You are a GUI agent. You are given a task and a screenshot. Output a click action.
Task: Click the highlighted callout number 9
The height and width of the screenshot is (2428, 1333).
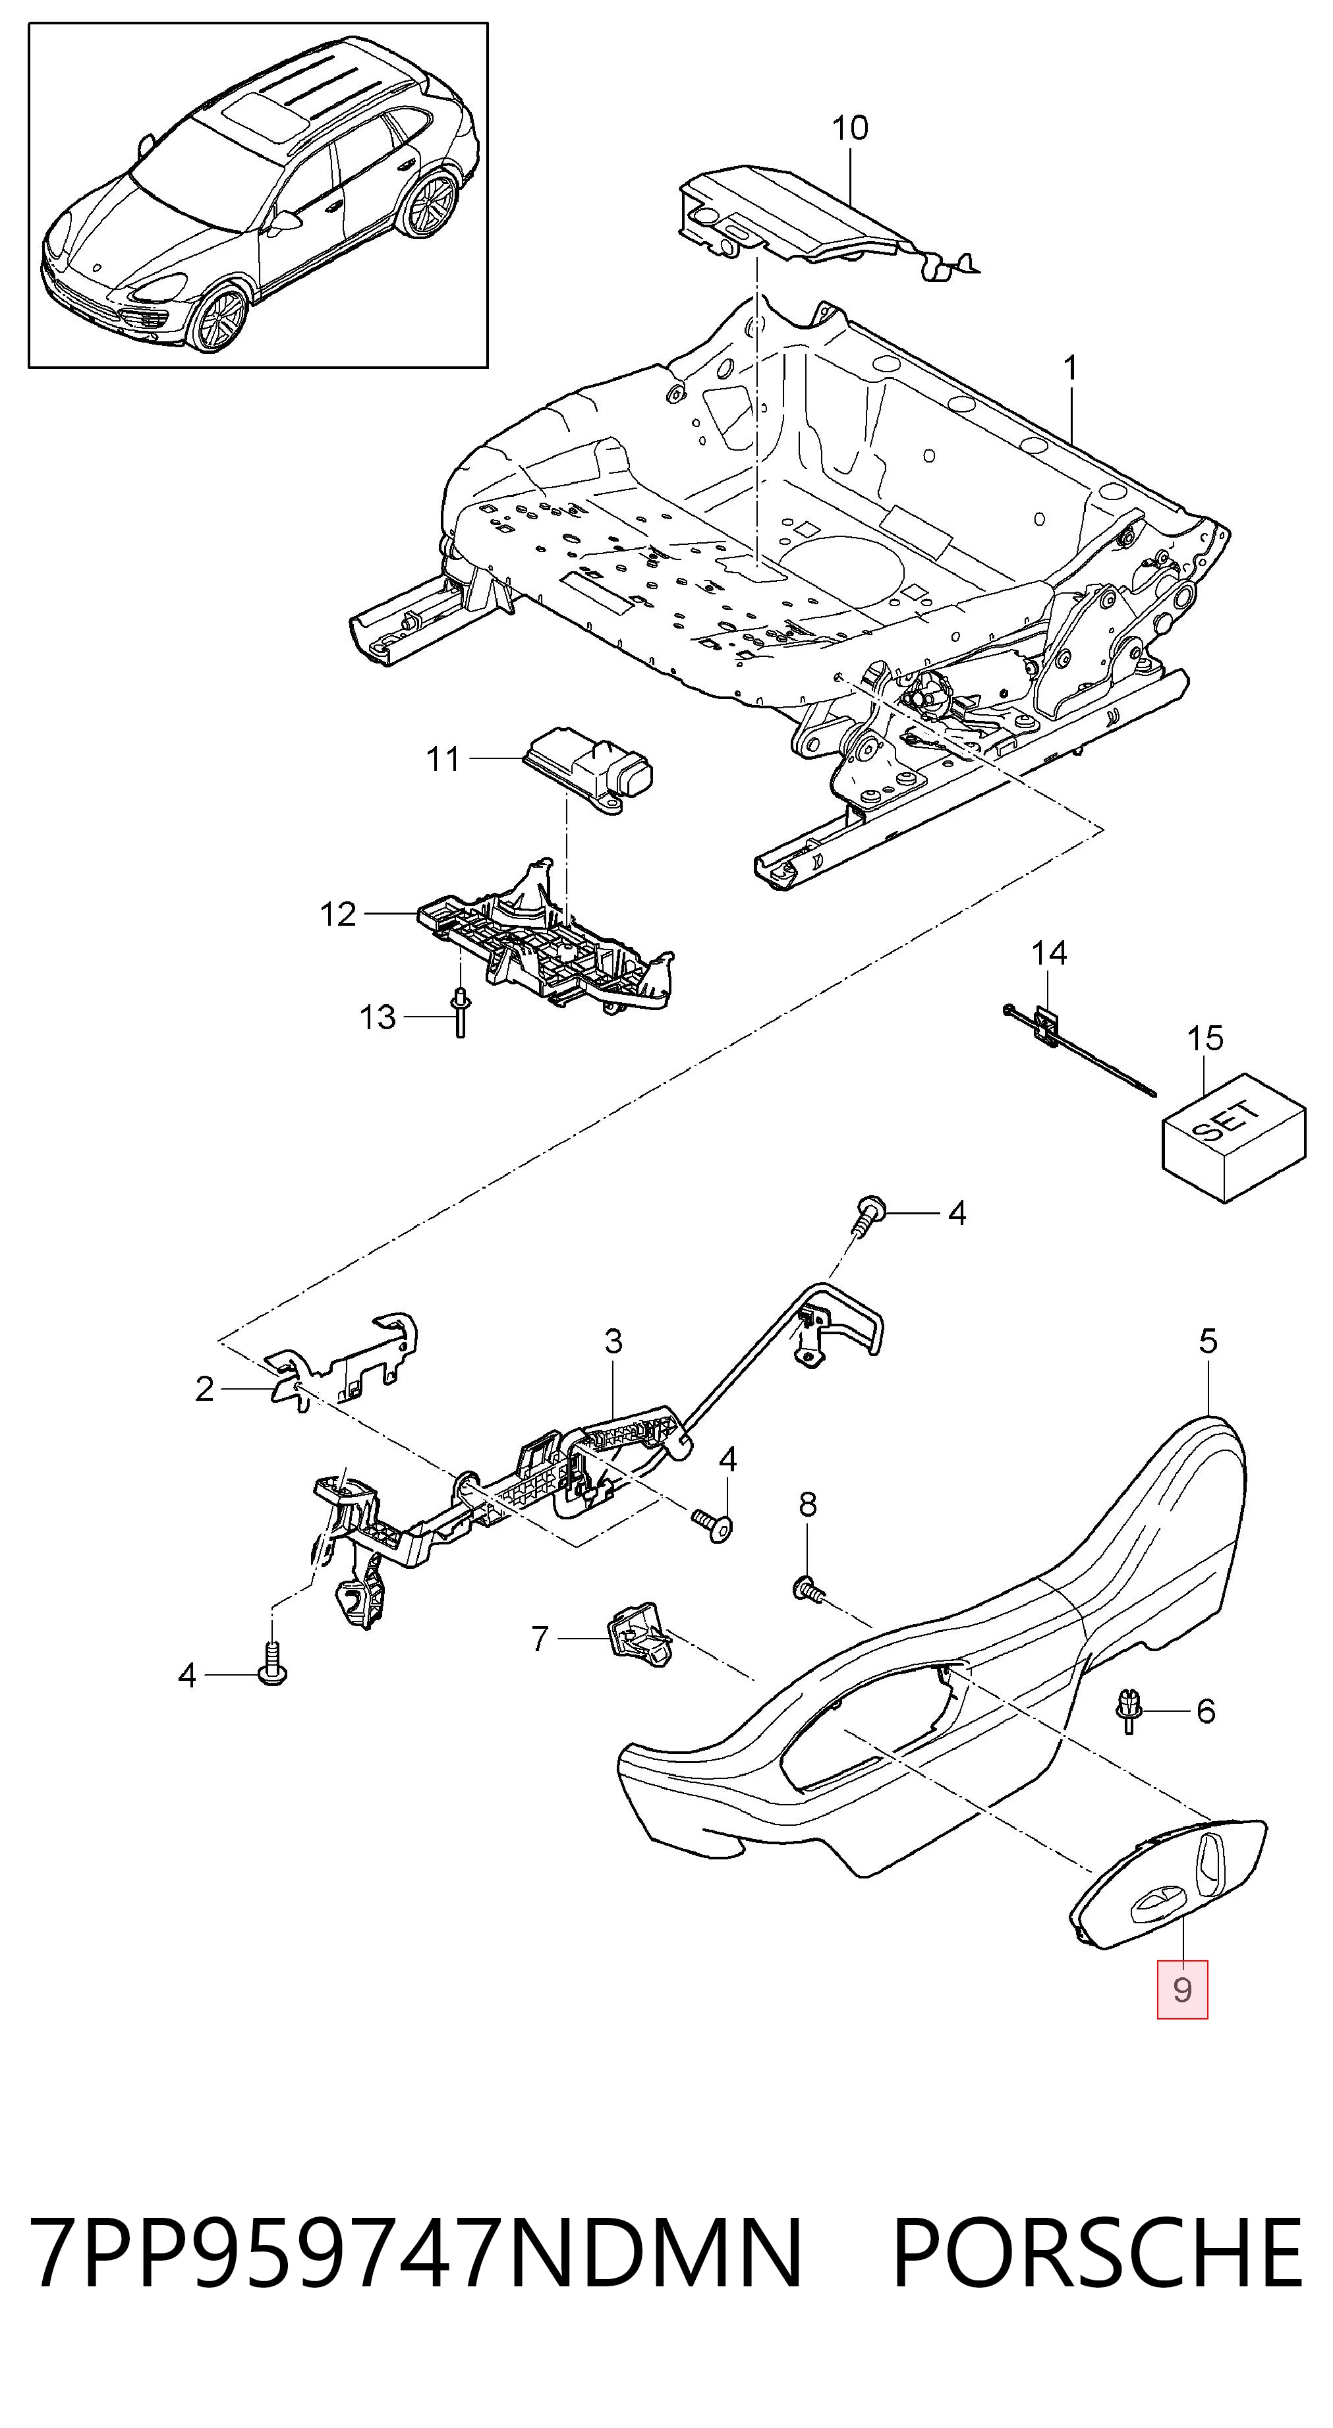[1182, 1990]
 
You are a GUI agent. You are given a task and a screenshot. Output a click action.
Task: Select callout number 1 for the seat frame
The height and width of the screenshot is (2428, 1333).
[1070, 368]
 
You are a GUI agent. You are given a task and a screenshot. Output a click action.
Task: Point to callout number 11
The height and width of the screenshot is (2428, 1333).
[443, 759]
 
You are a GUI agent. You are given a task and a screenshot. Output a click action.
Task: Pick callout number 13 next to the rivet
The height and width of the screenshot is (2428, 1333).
[378, 1018]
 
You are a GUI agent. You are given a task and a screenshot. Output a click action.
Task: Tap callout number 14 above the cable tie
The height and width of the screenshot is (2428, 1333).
[1048, 954]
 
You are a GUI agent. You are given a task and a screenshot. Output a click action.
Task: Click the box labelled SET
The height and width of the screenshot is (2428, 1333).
[1233, 1141]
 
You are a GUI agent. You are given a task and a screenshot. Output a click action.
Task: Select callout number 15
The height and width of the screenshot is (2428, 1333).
[1205, 1038]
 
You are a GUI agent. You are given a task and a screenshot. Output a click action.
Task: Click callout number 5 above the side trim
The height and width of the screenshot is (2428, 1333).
[1208, 1340]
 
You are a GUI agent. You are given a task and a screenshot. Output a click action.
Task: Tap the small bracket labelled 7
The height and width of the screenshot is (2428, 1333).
[638, 1639]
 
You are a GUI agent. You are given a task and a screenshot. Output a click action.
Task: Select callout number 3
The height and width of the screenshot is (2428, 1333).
[613, 1340]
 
